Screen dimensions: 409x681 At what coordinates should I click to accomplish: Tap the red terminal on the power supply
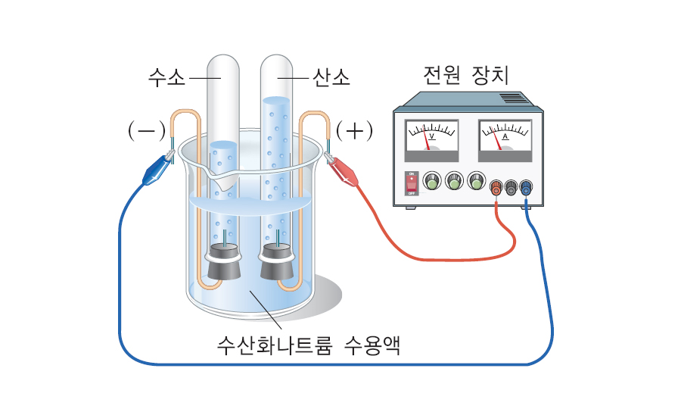tap(496, 187)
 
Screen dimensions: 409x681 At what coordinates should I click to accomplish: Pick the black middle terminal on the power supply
tap(511, 187)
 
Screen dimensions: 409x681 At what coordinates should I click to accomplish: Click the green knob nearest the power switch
tap(431, 181)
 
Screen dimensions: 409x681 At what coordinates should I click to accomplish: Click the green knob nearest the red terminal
tap(476, 181)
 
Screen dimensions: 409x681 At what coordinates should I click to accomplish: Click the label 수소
tap(166, 77)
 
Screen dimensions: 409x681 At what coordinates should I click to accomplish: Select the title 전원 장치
tap(466, 76)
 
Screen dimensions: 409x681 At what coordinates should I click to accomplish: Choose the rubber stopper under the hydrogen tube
tap(224, 262)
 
